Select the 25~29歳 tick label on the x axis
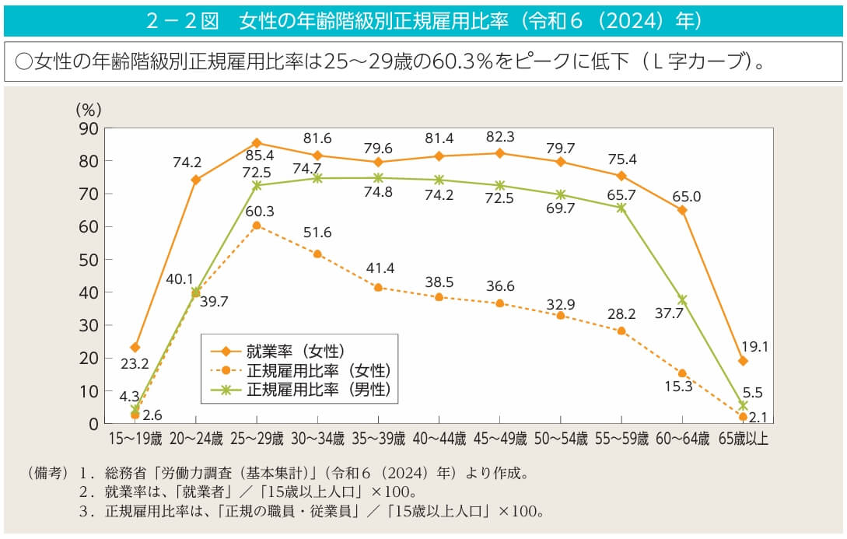(257, 439)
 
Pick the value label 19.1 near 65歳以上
(754, 347)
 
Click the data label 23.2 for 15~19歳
(135, 363)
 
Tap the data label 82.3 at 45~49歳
(499, 137)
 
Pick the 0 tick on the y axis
(93, 424)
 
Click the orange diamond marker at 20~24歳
(196, 180)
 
